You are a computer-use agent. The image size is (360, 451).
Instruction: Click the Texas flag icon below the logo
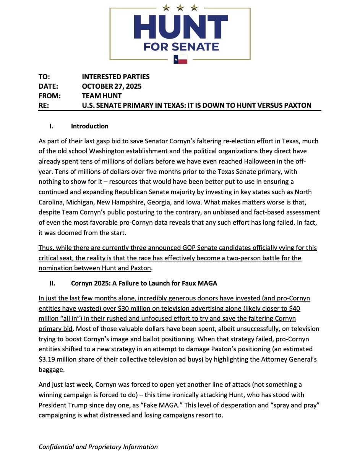click(180, 59)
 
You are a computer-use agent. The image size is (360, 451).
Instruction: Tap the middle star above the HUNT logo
click(180, 7)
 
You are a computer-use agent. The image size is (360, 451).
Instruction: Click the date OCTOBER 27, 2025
click(112, 86)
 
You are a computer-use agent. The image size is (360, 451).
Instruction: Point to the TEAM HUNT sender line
click(102, 96)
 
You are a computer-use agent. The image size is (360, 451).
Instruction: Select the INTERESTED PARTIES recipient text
click(116, 77)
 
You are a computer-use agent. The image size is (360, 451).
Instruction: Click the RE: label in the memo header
click(44, 105)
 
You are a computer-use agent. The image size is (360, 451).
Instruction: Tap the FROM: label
click(50, 96)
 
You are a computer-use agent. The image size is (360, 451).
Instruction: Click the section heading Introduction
click(89, 126)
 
